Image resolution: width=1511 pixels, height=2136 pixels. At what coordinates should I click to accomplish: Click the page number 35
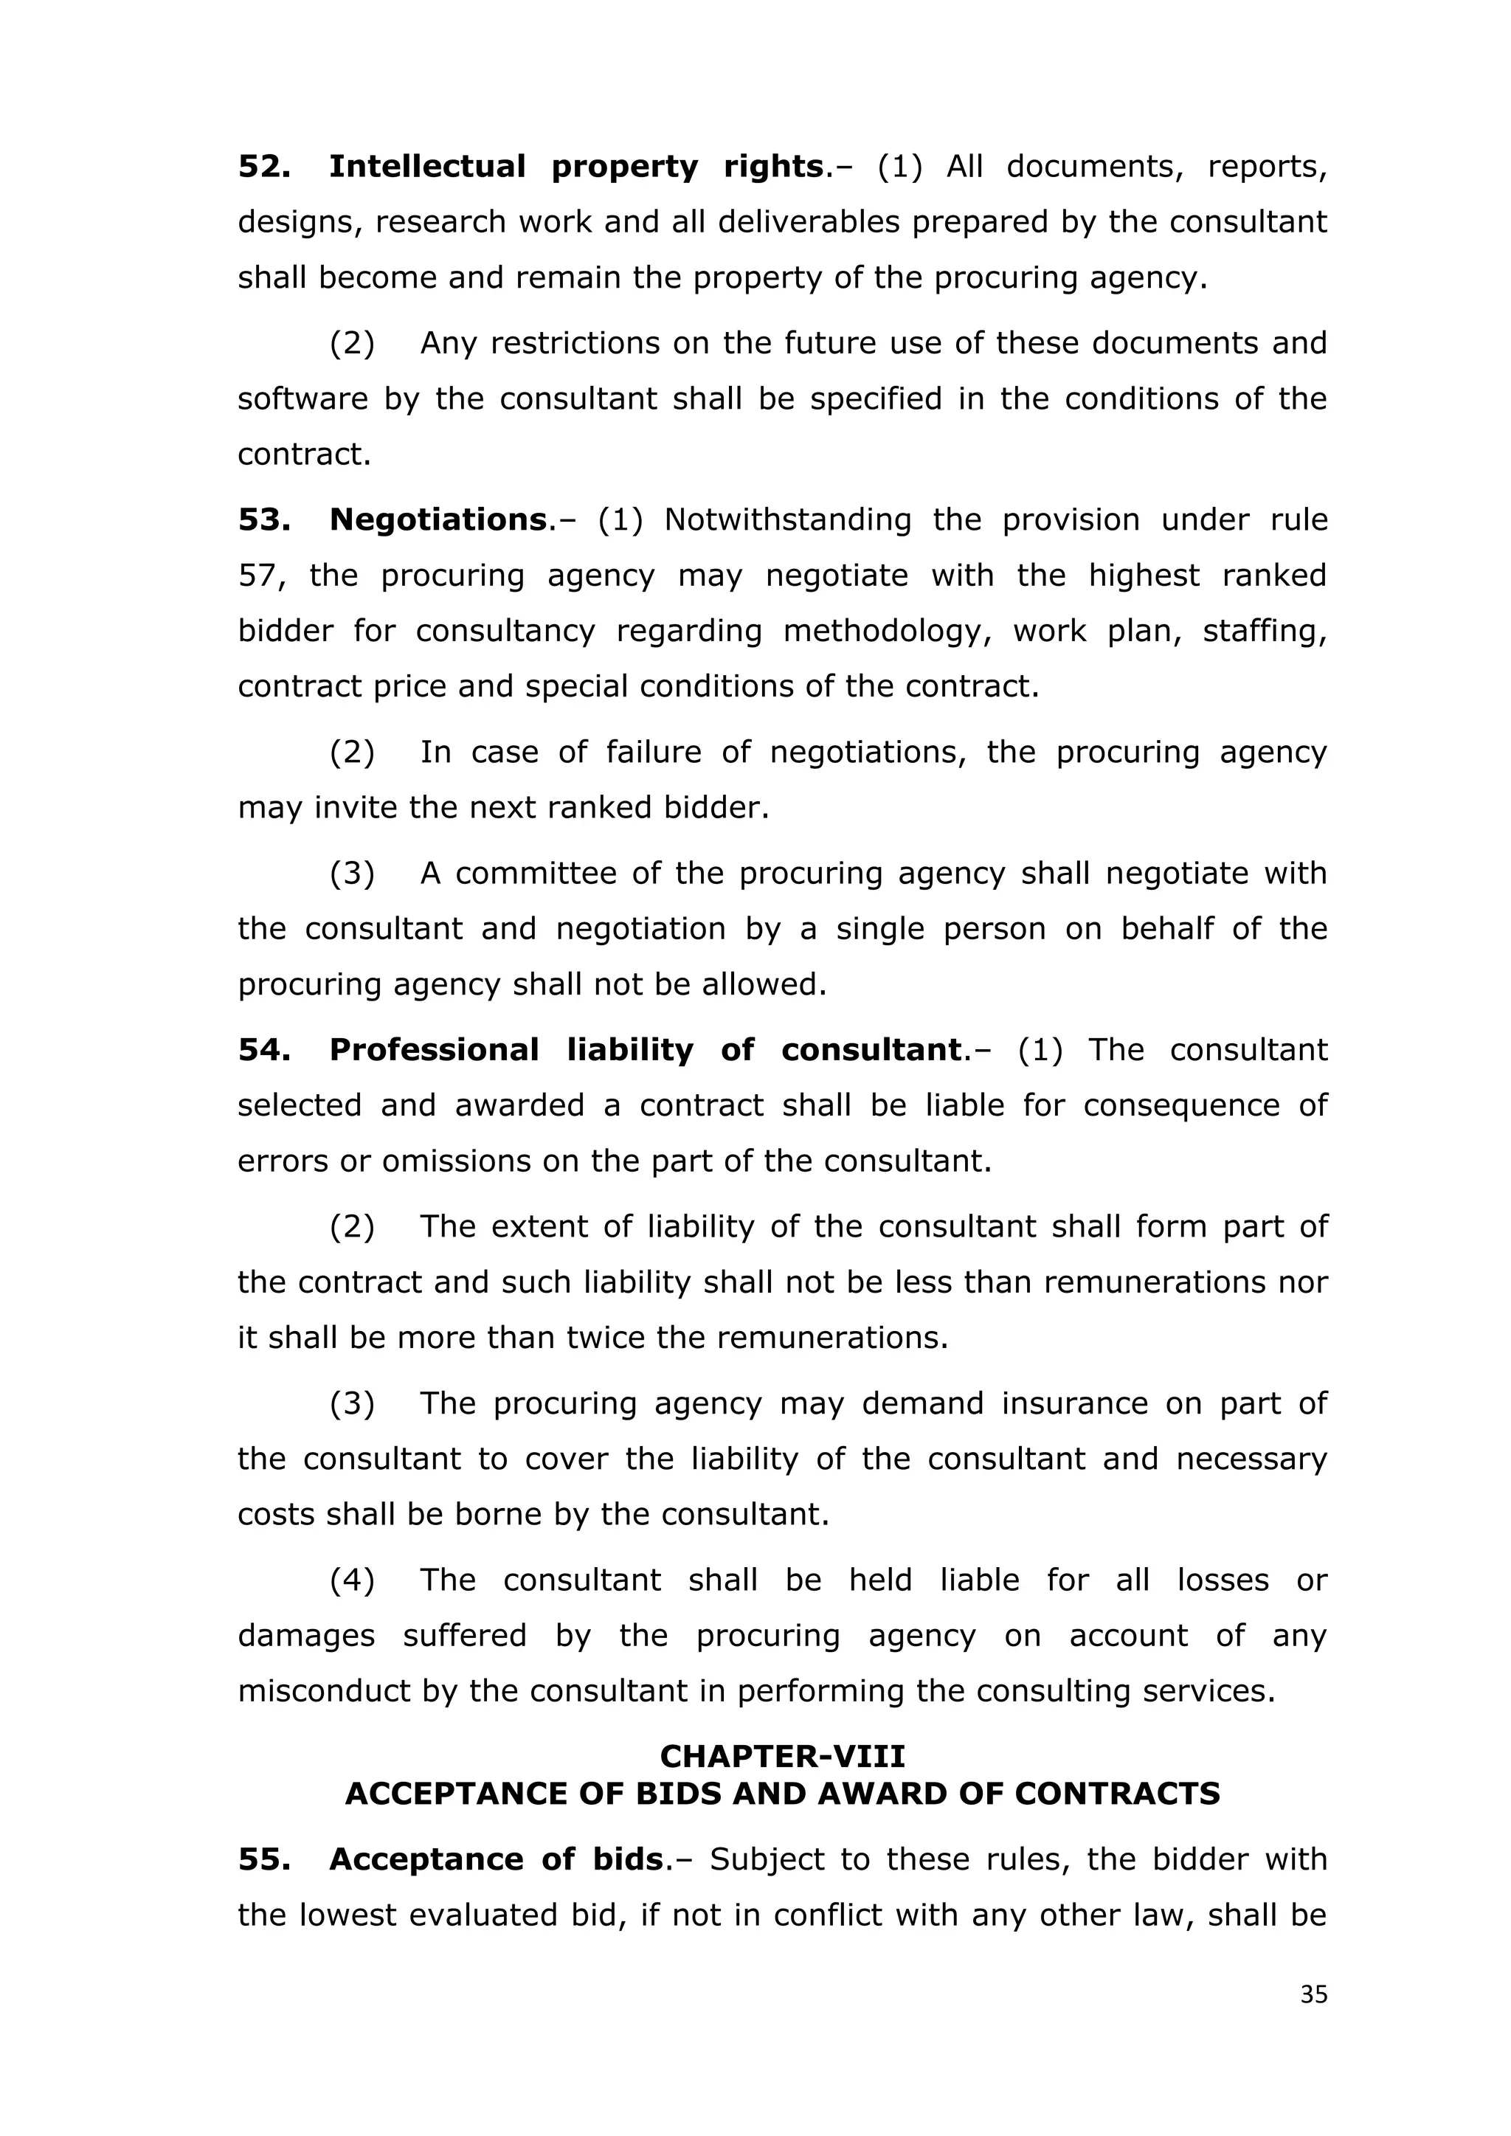[1313, 1994]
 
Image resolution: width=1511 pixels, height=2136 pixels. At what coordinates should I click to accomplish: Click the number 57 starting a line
[259, 576]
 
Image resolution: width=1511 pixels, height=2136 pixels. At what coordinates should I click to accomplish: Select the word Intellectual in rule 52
[427, 167]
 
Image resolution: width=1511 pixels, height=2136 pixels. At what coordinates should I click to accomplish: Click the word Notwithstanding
[787, 519]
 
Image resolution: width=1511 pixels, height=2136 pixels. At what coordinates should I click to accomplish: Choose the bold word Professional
[434, 1049]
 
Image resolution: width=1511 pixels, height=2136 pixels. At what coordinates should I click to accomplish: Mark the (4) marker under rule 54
[352, 1580]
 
